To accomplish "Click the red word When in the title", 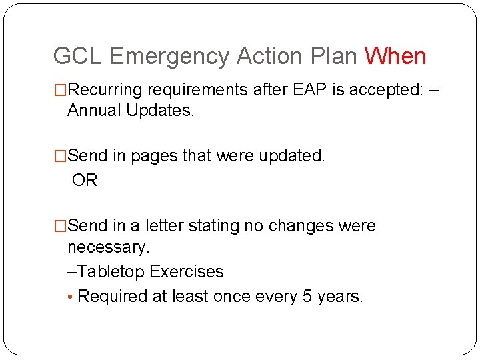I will click(x=395, y=56).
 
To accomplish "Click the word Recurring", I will click(x=106, y=89).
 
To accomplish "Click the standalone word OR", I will click(x=85, y=181).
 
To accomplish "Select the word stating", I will click(x=214, y=227).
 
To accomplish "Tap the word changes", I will click(x=300, y=227).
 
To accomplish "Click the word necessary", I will click(x=108, y=248).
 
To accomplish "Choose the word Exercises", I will click(x=187, y=272).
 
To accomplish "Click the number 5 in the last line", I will click(x=307, y=297).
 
